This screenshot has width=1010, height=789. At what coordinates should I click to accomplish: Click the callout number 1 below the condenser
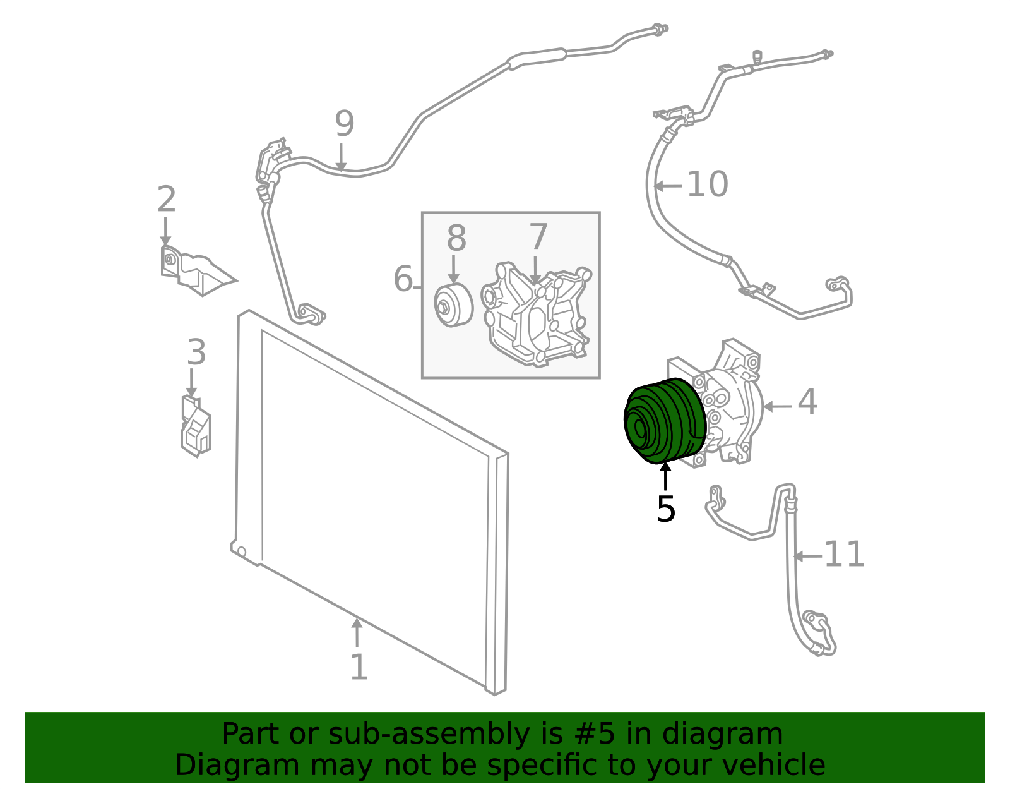(x=359, y=667)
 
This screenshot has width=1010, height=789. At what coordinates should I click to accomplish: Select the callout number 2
(x=167, y=199)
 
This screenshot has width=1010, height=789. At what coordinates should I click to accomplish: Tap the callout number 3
(x=196, y=352)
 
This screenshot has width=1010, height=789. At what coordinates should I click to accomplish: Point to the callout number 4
(x=807, y=401)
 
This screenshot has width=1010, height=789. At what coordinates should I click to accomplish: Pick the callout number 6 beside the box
(x=403, y=279)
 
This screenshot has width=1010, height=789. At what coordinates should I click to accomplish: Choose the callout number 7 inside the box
(x=538, y=236)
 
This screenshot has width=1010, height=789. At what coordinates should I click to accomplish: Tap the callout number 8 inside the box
(x=456, y=238)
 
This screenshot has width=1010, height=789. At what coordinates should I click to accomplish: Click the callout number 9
(x=345, y=124)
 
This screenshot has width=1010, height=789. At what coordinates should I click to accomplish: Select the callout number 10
(x=707, y=184)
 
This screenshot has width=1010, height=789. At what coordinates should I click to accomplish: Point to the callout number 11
(x=844, y=554)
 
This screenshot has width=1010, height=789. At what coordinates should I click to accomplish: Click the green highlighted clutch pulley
(x=665, y=420)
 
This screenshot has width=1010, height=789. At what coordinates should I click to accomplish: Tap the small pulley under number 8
(x=453, y=305)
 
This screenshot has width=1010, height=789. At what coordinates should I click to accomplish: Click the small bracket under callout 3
(x=196, y=426)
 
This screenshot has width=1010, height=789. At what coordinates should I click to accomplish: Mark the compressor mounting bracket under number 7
(x=535, y=315)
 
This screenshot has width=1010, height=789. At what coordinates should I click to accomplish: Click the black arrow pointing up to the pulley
(x=665, y=476)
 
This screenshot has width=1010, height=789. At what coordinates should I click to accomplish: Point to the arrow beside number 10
(x=667, y=186)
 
